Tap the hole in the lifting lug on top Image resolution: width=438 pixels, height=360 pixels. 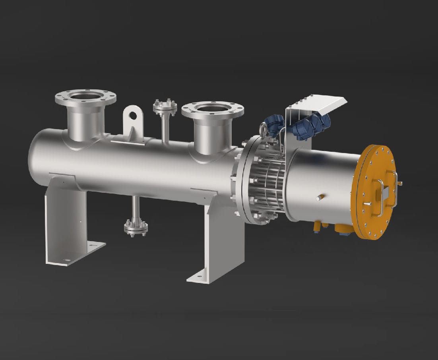click(x=132, y=115)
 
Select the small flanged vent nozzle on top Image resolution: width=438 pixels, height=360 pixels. click(x=164, y=106)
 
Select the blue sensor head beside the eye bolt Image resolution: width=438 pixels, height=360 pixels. click(x=274, y=123)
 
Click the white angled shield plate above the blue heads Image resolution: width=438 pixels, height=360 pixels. click(x=318, y=105)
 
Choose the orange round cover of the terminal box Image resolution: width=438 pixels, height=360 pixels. click(x=378, y=191)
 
